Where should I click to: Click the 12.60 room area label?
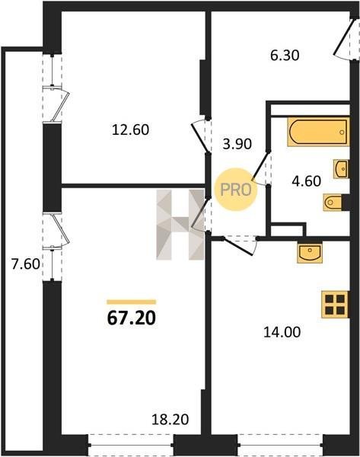[x=130, y=129]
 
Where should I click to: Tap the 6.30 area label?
[x=285, y=55]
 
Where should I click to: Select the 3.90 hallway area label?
[x=237, y=144]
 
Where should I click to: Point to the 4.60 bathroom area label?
[x=307, y=181]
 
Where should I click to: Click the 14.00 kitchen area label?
[x=282, y=332]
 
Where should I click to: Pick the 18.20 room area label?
[x=170, y=420]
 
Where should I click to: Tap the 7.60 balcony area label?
[x=25, y=264]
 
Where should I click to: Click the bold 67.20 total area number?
[x=132, y=318]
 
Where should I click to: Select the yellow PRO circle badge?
[x=236, y=190]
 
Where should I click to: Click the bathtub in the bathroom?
[x=318, y=132]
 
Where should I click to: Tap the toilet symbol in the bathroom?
[x=333, y=202]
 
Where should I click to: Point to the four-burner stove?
[x=335, y=304]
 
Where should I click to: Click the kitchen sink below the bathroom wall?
[x=310, y=252]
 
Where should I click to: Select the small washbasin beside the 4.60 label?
[x=341, y=169]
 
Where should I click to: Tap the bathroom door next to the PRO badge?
[x=260, y=167]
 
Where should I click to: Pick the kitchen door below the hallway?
[x=239, y=246]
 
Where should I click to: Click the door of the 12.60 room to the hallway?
[x=200, y=136]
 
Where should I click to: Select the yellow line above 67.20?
[x=132, y=302]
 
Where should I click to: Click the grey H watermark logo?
[x=180, y=225]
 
